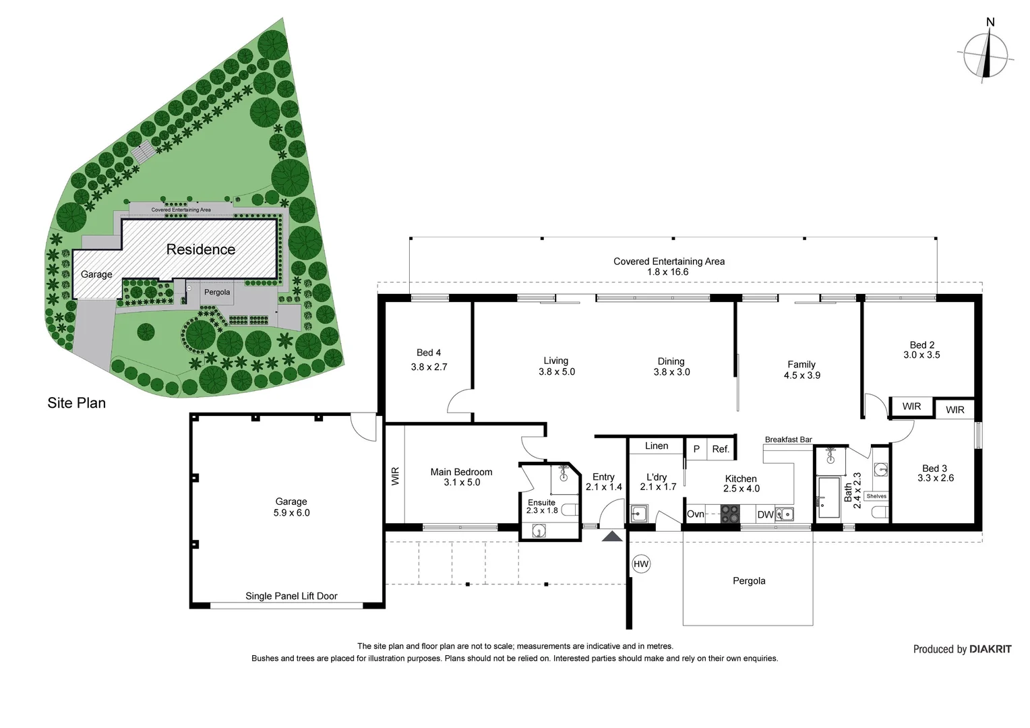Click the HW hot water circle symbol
641,564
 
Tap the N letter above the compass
990,22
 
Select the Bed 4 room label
429,353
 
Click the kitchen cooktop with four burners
730,514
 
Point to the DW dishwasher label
765,514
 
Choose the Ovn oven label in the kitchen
695,514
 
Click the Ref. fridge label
721,449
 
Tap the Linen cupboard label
656,446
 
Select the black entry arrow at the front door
612,536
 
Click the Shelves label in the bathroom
876,496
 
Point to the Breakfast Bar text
789,439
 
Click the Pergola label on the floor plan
749,581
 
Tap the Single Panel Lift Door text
291,596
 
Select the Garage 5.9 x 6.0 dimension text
291,513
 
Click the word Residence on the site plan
200,249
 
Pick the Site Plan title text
76,403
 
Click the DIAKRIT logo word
990,649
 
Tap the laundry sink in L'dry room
638,513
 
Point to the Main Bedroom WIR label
396,477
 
